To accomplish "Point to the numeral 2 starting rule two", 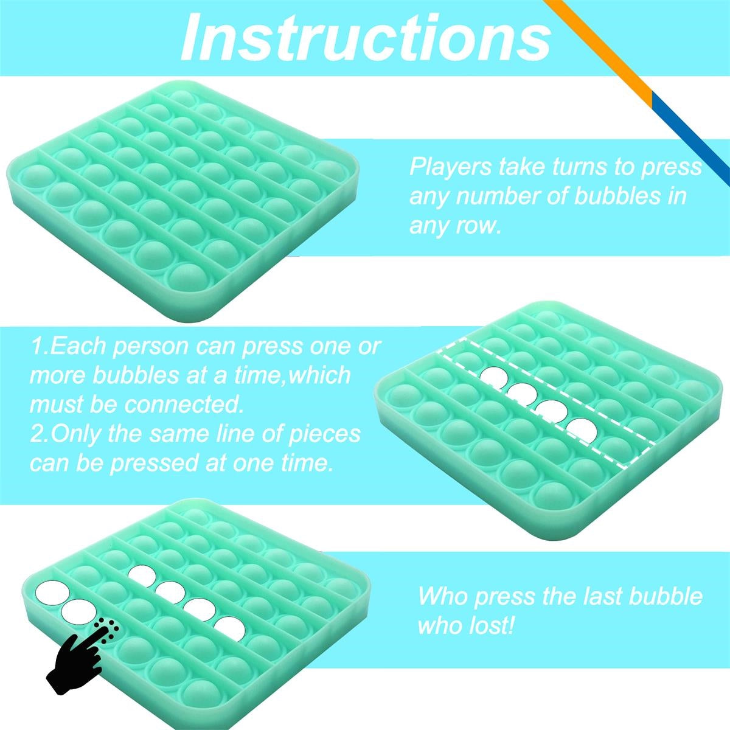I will click(36, 434).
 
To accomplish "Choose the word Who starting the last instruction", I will click(442, 596).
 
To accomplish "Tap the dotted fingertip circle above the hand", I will click(107, 631).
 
